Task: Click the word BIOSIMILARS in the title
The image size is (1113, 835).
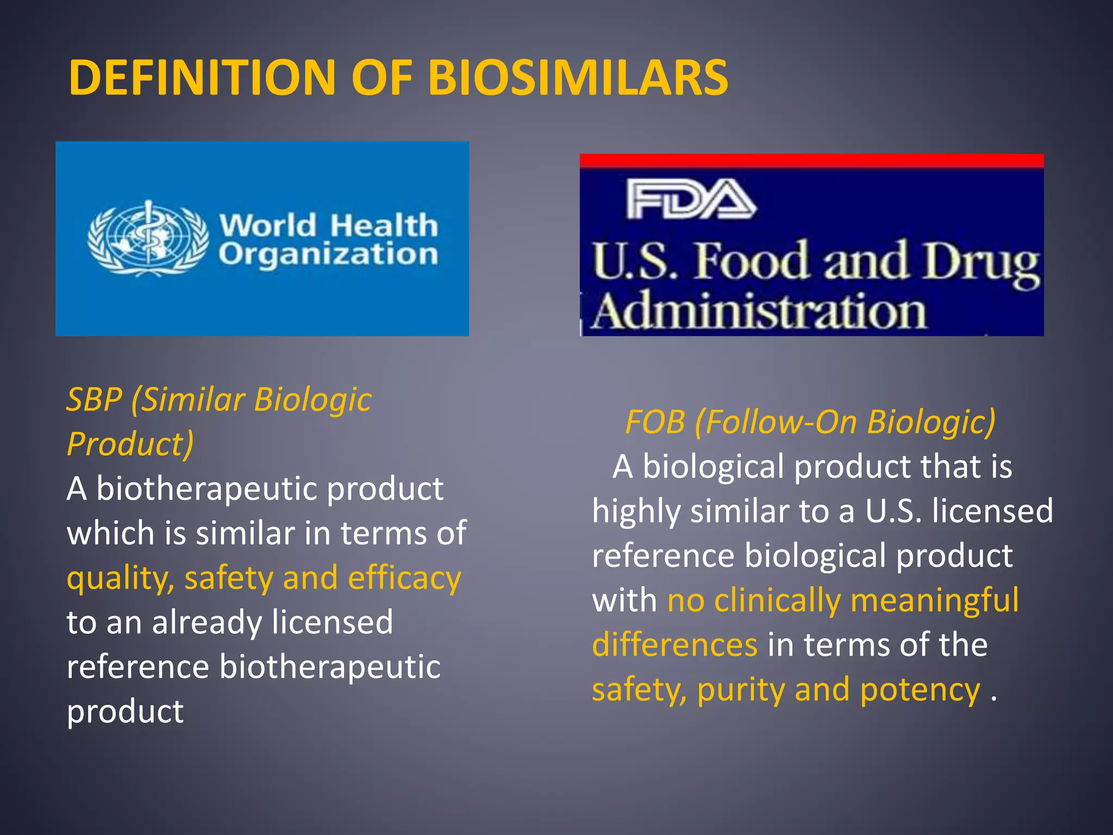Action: point(578,78)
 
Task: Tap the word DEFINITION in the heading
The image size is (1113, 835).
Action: point(201,78)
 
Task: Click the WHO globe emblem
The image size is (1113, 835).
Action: point(148,238)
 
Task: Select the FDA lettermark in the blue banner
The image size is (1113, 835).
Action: point(691,200)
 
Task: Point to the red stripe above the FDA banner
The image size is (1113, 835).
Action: point(811,160)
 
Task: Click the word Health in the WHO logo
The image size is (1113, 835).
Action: point(384,225)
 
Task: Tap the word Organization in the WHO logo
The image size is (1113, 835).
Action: point(328,254)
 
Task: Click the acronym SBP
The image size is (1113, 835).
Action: point(94,400)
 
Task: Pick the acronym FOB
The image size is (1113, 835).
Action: point(655,422)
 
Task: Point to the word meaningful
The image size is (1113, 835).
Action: point(934,601)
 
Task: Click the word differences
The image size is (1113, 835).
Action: point(674,645)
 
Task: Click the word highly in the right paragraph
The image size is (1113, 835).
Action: point(636,512)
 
